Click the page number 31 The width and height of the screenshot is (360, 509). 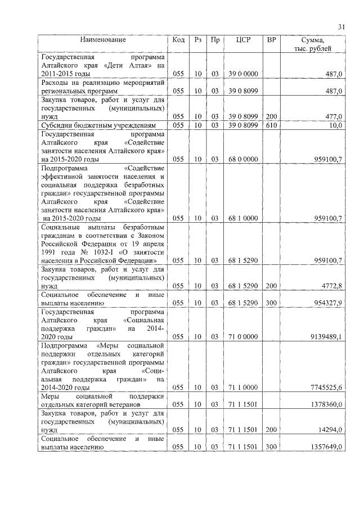coord(341,27)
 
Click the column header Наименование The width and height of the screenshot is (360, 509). coord(102,40)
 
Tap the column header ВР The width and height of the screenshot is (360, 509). coord(272,40)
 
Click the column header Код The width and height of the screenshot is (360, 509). coord(178,40)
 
